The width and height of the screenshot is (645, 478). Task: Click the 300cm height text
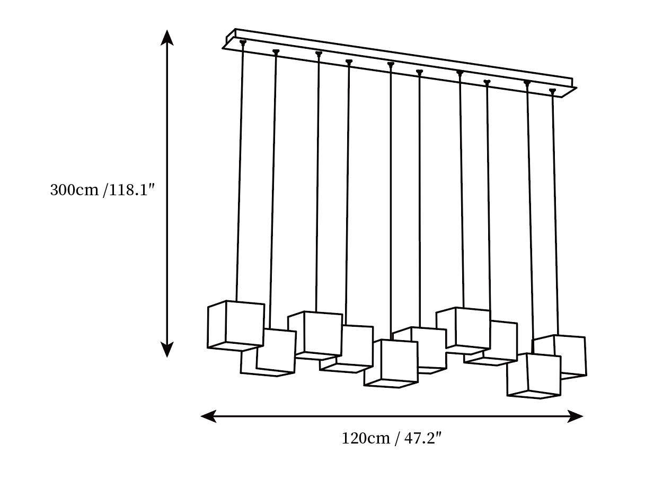74,190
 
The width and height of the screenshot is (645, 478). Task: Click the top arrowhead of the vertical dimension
167,38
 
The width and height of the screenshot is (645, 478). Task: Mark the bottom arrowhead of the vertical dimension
167,349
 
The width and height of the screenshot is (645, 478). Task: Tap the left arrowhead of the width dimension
208,416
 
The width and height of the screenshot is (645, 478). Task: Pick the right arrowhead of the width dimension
575,416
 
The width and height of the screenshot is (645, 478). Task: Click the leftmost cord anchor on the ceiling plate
243,42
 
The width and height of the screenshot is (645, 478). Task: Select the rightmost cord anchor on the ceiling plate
553,91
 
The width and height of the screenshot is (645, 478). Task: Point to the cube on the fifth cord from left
391,363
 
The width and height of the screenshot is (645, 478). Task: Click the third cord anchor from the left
319,54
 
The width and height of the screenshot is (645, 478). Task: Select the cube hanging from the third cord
315,335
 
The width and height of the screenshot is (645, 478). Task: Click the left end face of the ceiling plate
231,37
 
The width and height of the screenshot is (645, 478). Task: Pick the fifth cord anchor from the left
391,65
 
